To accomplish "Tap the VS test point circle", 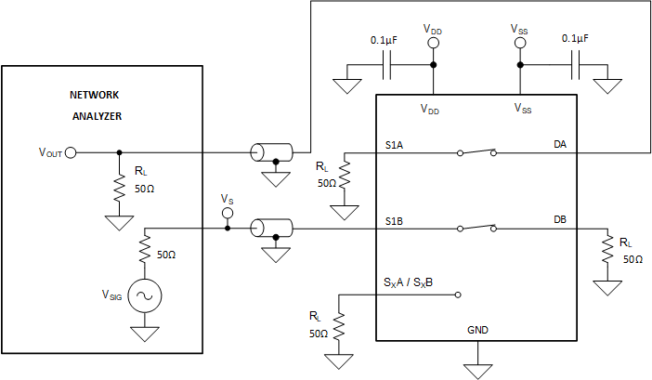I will click(228, 214).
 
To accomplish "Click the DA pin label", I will click(560, 145).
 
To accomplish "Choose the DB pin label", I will click(560, 220).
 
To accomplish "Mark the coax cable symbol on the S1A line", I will click(272, 152).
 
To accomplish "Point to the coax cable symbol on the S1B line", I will click(272, 228).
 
